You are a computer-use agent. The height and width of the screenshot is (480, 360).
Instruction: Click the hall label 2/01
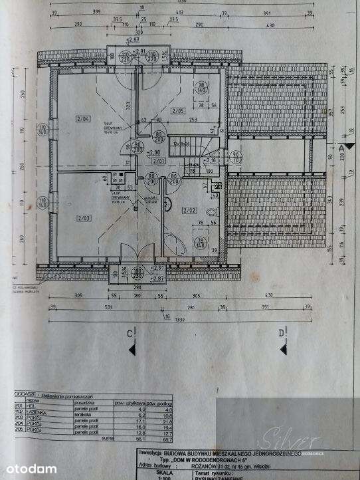[x=157, y=161]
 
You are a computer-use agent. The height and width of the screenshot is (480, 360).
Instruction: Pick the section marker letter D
[x=282, y=332]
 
